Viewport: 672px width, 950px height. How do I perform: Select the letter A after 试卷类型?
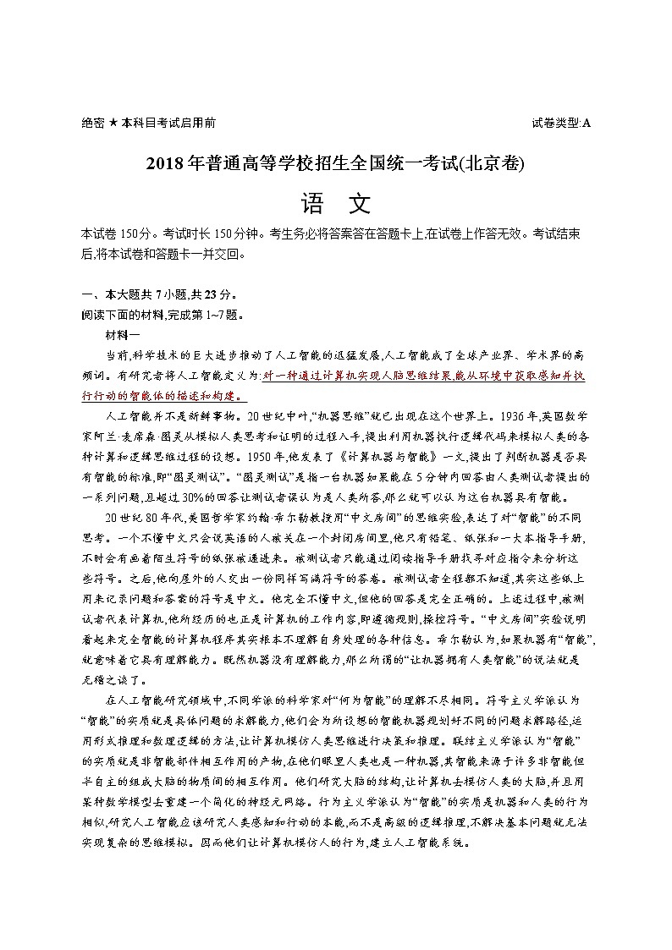(x=587, y=124)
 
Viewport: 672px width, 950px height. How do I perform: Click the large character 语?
(x=312, y=203)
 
